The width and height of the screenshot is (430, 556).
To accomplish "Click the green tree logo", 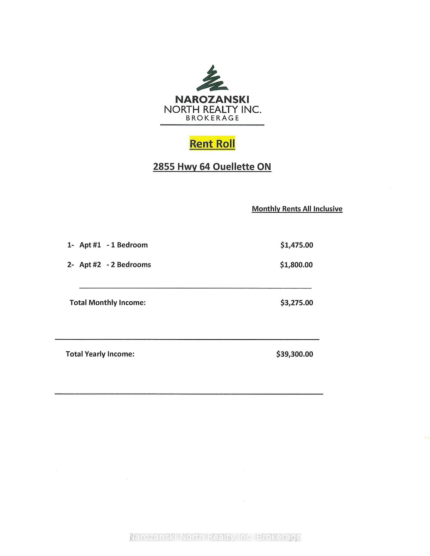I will (x=212, y=78).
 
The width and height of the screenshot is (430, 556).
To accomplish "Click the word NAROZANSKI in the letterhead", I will (x=212, y=100).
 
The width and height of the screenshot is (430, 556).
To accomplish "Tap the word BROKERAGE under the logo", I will (x=212, y=118).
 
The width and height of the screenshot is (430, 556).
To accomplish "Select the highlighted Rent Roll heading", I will (x=212, y=144).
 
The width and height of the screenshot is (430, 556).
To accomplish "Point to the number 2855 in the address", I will (x=164, y=167).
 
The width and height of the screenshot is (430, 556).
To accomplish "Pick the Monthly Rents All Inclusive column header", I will (x=297, y=209).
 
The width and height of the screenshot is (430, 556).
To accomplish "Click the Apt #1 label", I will (x=90, y=245).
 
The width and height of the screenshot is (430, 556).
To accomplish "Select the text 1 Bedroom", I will (x=129, y=245).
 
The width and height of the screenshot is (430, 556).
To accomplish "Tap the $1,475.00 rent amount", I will (x=297, y=245).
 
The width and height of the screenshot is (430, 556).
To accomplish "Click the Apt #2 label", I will (x=90, y=265).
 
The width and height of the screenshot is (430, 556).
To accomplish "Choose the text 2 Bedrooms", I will (x=131, y=265).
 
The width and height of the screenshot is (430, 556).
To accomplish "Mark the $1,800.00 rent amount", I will (x=296, y=265).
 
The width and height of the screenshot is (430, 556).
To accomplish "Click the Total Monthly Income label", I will (x=107, y=303).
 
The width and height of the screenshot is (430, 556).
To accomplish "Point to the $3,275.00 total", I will (x=297, y=303).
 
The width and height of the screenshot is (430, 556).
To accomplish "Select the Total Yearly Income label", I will (x=100, y=354).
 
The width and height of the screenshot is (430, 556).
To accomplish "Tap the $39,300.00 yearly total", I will (x=295, y=354).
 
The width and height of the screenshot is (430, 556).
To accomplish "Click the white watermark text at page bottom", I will (x=215, y=537).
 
